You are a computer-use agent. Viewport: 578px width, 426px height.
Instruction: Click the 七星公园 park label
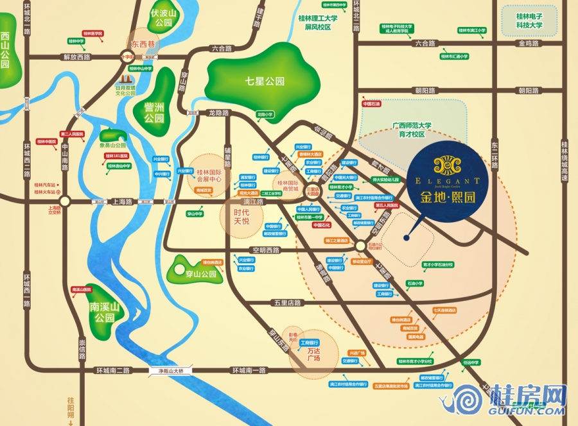coord(264,81)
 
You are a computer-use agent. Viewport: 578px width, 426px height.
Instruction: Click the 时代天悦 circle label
coord(241,216)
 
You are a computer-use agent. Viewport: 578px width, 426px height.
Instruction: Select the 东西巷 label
coord(143,44)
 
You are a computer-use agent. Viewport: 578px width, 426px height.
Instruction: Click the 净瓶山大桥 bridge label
coord(166,371)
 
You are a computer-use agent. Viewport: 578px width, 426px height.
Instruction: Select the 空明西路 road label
coord(267,250)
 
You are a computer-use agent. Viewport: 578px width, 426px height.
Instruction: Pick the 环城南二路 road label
coord(112,371)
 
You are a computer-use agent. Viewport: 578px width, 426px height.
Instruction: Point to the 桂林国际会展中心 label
coord(209,176)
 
